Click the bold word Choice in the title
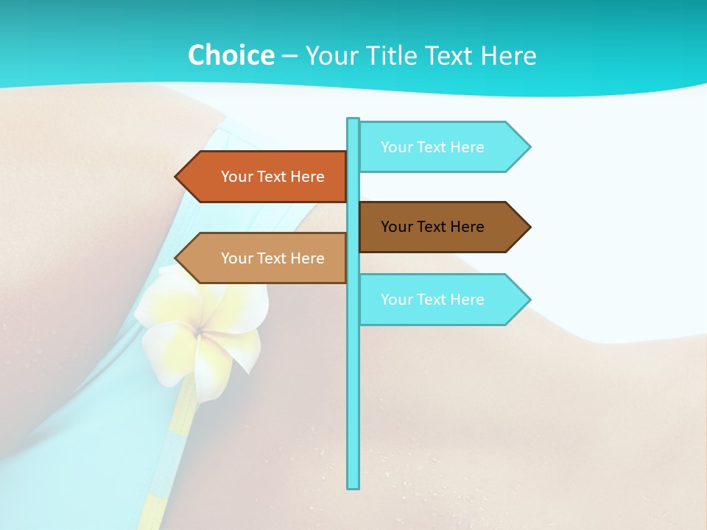231,55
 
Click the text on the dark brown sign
432,227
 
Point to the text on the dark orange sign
272,177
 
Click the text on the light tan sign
272,258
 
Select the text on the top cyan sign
432,147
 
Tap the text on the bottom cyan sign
432,300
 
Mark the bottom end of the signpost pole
353,486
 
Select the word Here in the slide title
508,55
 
